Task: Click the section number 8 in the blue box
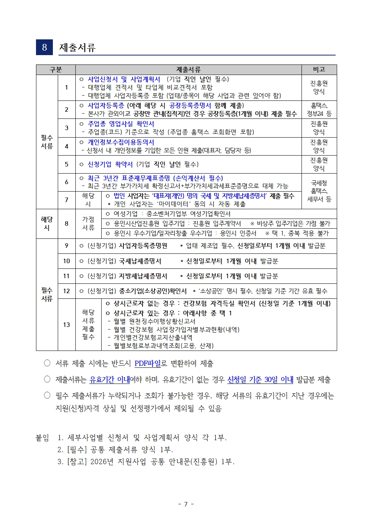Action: (44, 47)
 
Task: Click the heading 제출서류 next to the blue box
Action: (77, 48)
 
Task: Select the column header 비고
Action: (319, 70)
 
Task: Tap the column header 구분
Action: (55, 70)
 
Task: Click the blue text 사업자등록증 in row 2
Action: (105, 106)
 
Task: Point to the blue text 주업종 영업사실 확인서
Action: (121, 124)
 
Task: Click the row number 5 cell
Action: (66, 164)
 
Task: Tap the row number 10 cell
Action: (66, 261)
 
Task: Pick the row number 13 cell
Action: (66, 325)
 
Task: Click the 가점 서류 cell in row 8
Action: (88, 223)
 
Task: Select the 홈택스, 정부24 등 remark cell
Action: (319, 109)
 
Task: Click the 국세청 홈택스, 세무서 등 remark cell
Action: (319, 191)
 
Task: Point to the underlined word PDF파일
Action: (147, 363)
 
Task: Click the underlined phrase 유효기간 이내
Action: (109, 380)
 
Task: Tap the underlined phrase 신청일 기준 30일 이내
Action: (260, 380)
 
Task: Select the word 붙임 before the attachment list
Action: (42, 438)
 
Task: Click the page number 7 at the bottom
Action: (186, 504)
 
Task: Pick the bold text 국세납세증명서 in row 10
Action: (140, 261)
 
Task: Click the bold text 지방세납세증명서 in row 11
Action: (143, 276)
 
